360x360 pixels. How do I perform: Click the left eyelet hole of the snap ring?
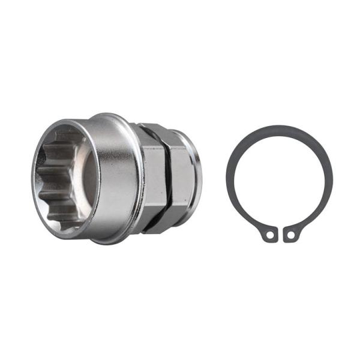point(269,235)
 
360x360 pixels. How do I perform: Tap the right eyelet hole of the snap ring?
point(290,235)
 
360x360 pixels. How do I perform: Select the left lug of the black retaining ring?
point(269,234)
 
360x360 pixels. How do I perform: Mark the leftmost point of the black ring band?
point(229,180)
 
